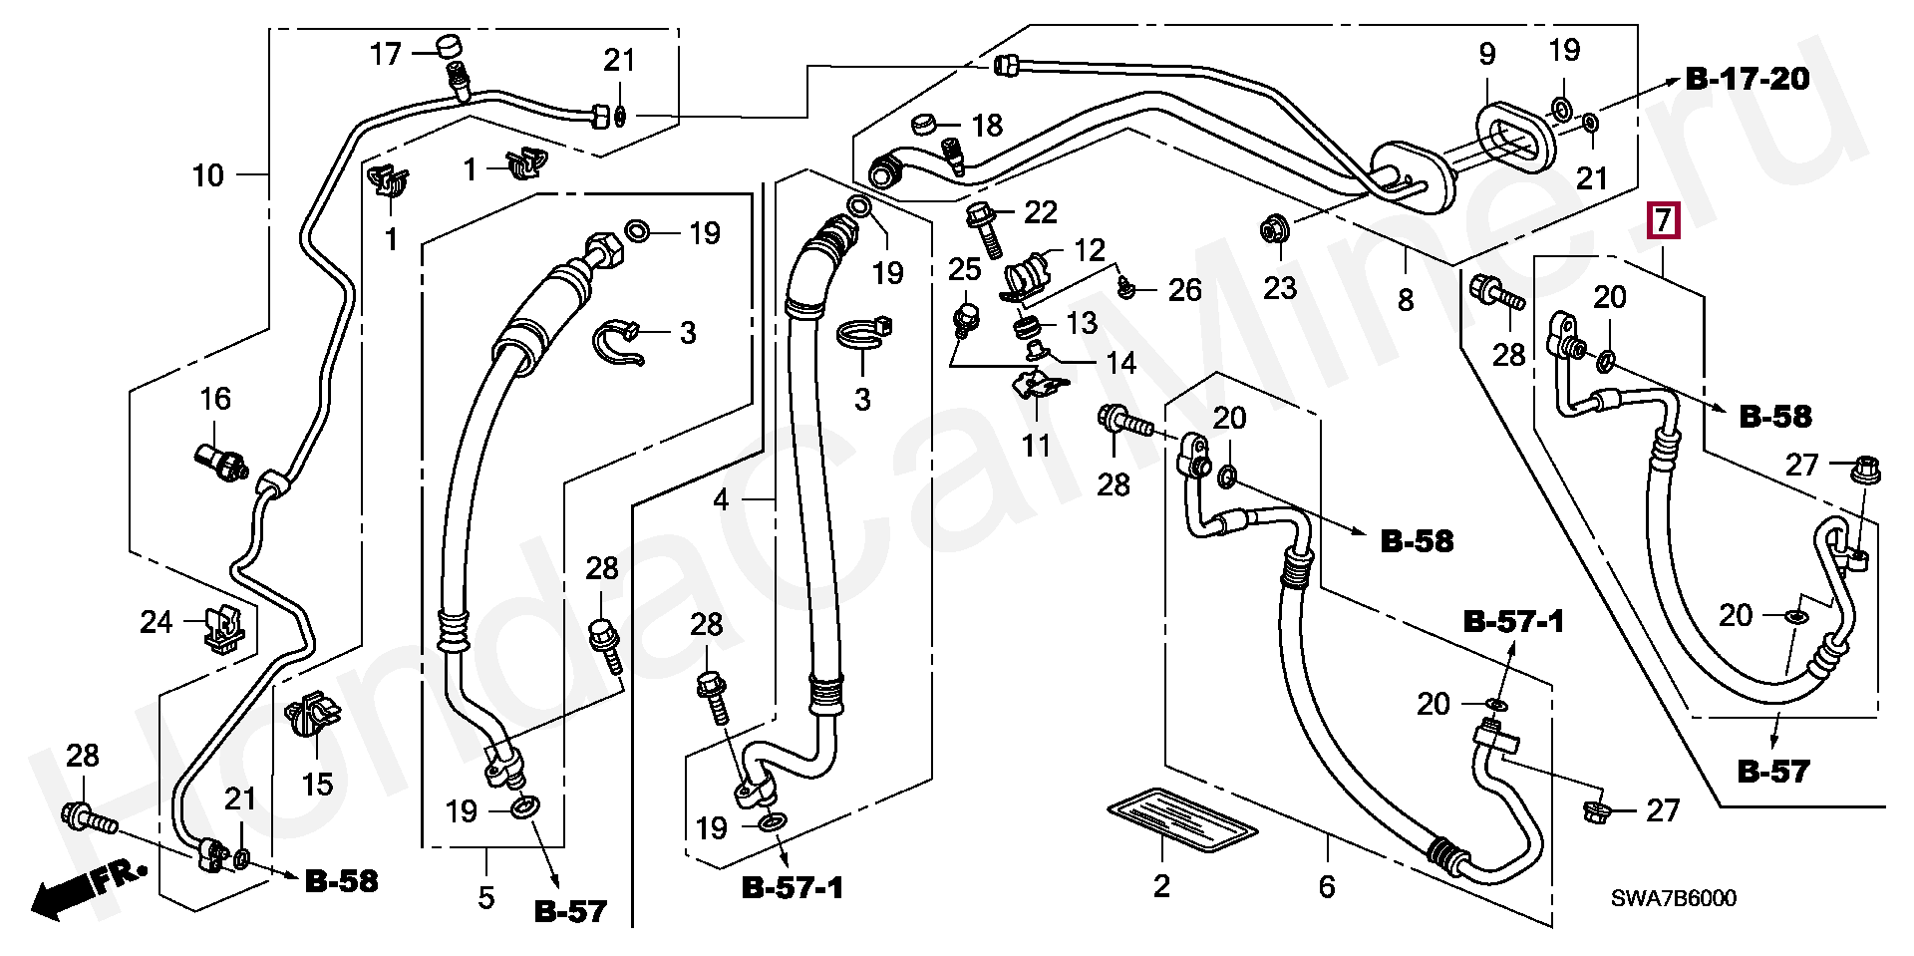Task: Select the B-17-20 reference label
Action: (1747, 80)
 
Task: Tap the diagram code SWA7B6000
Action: (1674, 899)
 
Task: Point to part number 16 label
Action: (215, 400)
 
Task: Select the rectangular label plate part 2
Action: (1180, 824)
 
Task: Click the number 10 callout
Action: (208, 176)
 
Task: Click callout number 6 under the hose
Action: (1326, 886)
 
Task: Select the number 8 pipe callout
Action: (1406, 299)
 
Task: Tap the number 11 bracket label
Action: (1037, 446)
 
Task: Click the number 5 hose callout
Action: (485, 898)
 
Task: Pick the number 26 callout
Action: (1184, 289)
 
